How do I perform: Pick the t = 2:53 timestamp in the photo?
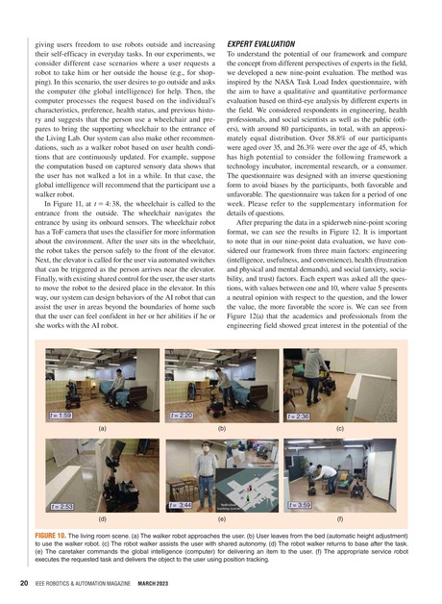63,504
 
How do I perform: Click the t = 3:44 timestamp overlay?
183,503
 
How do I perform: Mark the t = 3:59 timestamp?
301,503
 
